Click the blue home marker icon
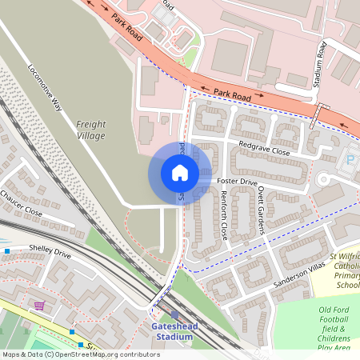click(x=180, y=173)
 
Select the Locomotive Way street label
click(x=46, y=86)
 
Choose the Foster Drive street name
click(x=237, y=182)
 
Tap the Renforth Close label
click(x=224, y=217)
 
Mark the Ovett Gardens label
click(x=262, y=214)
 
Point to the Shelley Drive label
click(x=50, y=254)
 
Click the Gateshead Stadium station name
click(x=172, y=332)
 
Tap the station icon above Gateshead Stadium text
click(x=174, y=315)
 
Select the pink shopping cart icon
click(x=38, y=305)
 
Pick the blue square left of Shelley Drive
click(x=7, y=251)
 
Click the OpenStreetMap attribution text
click(x=80, y=354)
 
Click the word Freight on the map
click(x=91, y=124)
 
